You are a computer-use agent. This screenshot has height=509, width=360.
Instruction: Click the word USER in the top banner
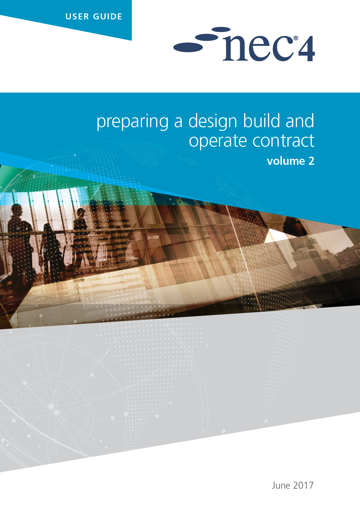(x=77, y=17)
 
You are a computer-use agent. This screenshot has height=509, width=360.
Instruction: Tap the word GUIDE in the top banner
(x=107, y=17)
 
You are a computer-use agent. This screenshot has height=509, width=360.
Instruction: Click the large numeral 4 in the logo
(x=306, y=49)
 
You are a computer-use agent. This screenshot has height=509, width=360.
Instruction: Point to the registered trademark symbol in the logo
(x=296, y=38)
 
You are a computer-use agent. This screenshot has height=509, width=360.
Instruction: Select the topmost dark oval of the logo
(x=221, y=29)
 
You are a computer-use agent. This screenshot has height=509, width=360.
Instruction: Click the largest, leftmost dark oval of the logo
(x=188, y=47)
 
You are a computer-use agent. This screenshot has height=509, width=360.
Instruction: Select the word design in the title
(x=213, y=121)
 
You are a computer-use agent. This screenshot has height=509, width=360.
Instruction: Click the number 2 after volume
(x=311, y=161)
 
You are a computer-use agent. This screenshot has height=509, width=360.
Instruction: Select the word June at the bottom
(x=281, y=485)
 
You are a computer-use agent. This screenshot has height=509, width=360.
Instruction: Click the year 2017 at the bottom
(x=303, y=485)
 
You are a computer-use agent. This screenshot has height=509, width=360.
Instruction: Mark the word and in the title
(x=300, y=120)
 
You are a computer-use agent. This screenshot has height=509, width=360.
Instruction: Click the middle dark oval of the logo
(x=206, y=37)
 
